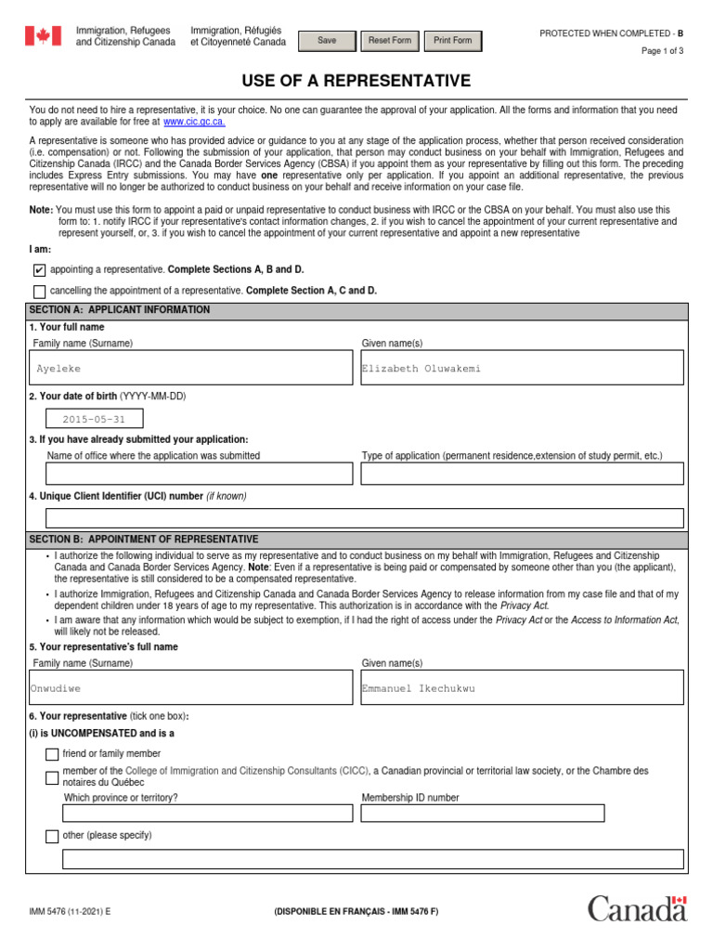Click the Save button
tap(327, 41)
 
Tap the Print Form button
tap(452, 41)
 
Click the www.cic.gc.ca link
tap(194, 122)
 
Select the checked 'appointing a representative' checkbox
tap(39, 270)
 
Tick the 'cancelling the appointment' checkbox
tap(39, 292)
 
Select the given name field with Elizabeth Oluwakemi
tap(522, 369)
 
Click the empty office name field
tap(199, 474)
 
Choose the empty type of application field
tap(522, 474)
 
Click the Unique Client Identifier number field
tap(364, 518)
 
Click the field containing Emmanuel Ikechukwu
tap(522, 688)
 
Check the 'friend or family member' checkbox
tap(52, 754)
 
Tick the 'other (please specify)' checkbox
tap(52, 837)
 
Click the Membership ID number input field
tap(483, 814)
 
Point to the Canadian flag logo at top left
tap(42, 36)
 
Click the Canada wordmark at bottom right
tap(637, 908)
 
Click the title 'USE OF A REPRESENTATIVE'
tap(356, 81)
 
